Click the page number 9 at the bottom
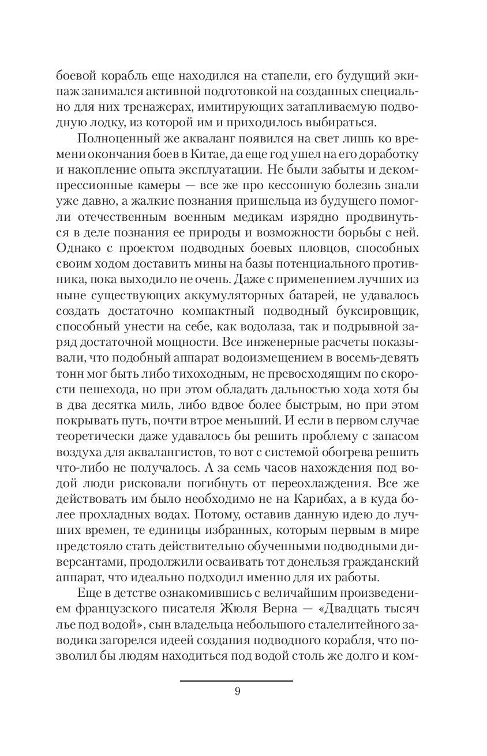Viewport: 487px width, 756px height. coord(237,692)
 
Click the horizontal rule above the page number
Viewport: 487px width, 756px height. coord(237,681)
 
